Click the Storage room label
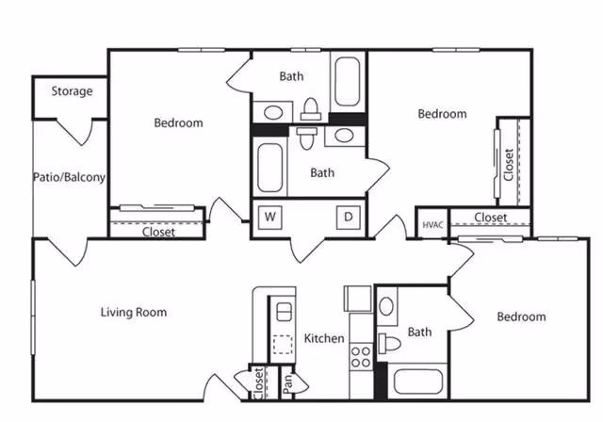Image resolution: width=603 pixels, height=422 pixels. click(72, 91)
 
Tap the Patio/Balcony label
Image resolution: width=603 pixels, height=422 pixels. click(69, 176)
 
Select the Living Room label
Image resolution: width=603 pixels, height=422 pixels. click(134, 312)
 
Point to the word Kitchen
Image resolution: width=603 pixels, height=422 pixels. click(324, 338)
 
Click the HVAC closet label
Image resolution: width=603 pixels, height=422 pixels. click(432, 224)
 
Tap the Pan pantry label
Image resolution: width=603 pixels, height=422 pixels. click(286, 383)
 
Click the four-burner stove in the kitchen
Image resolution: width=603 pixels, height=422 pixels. click(360, 356)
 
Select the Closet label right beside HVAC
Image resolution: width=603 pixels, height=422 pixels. click(490, 218)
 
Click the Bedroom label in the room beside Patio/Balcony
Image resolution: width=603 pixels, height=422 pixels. click(178, 122)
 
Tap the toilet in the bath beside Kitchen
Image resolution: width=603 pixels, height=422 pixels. click(388, 341)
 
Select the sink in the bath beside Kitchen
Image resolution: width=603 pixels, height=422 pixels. click(388, 306)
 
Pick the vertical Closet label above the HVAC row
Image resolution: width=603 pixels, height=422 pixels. click(508, 165)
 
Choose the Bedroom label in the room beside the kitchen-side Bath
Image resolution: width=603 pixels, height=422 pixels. click(521, 316)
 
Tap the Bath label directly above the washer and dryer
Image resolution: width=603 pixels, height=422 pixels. click(322, 172)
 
